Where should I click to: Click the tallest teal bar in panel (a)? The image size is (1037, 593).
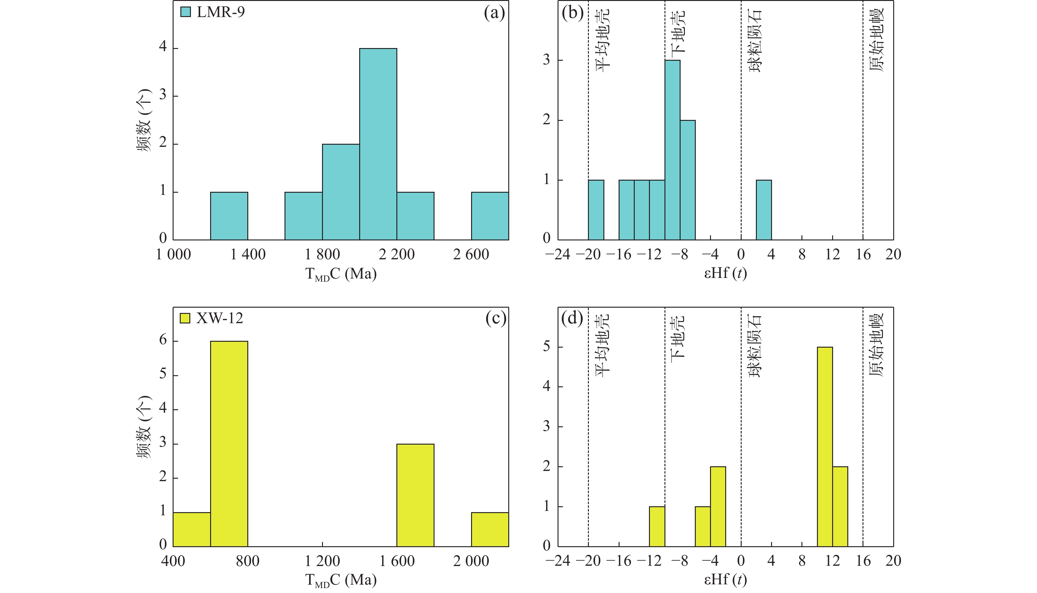tap(378, 144)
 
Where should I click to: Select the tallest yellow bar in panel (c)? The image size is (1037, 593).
tap(229, 444)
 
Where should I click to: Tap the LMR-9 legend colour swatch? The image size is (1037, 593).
tap(185, 12)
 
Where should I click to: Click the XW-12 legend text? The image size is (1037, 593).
tap(220, 318)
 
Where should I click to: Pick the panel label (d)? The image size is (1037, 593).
tap(572, 318)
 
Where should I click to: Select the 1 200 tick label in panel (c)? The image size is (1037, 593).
tap(322, 561)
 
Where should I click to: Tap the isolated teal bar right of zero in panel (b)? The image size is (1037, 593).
tap(764, 210)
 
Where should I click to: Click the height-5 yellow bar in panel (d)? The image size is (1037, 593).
tap(825, 446)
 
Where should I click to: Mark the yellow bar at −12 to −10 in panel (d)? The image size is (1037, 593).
tap(657, 526)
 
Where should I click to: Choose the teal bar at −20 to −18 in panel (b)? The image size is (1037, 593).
tap(596, 210)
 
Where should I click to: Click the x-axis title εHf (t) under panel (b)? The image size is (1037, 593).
tap(726, 273)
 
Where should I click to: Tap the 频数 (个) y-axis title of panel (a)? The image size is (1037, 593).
tap(143, 120)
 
